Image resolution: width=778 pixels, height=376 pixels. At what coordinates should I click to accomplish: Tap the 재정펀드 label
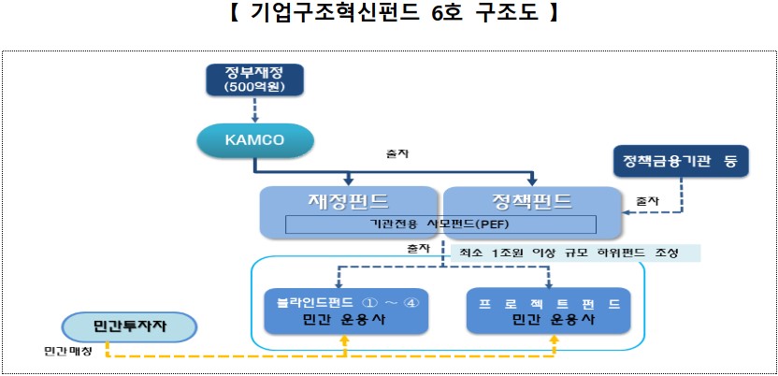(348, 201)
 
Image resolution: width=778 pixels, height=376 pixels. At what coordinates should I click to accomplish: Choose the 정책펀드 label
(532, 201)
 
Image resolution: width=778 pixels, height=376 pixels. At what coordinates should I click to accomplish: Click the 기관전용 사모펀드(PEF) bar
(440, 224)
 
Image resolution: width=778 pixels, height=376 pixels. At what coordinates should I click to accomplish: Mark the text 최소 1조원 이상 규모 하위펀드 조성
(574, 253)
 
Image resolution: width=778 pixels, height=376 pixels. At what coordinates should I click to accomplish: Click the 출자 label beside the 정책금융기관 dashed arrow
(647, 200)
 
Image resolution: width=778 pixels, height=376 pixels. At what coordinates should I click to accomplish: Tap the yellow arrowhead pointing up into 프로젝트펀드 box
(556, 341)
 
